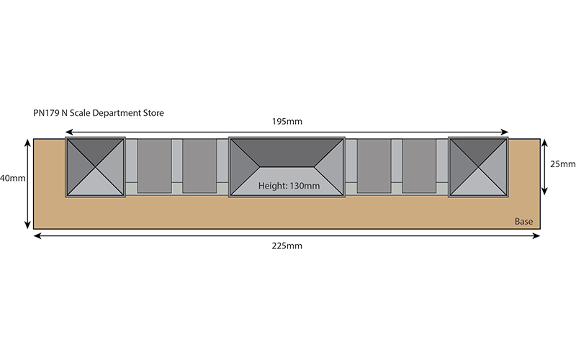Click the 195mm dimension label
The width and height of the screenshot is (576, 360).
[287, 122]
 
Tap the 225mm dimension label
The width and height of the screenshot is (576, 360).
[287, 246]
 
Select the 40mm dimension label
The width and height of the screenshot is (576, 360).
[12, 178]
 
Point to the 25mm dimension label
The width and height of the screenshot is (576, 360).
[562, 164]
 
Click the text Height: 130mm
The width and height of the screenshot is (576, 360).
[289, 186]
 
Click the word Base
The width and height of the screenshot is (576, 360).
[523, 222]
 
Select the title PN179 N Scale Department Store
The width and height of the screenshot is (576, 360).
[99, 113]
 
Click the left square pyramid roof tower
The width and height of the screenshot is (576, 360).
[96, 167]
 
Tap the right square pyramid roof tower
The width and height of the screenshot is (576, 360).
[478, 167]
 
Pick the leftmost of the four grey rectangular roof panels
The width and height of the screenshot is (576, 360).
[154, 166]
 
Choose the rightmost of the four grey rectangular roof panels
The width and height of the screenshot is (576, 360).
[419, 166]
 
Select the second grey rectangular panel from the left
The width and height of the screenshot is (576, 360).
[199, 166]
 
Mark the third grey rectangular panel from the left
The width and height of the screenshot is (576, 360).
[374, 166]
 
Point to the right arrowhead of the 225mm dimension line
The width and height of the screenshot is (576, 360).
[536, 236]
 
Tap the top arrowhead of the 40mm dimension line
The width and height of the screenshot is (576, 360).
[27, 143]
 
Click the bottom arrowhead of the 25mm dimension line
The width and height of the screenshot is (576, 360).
[544, 191]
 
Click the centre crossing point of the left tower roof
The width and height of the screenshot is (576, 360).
[96, 167]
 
